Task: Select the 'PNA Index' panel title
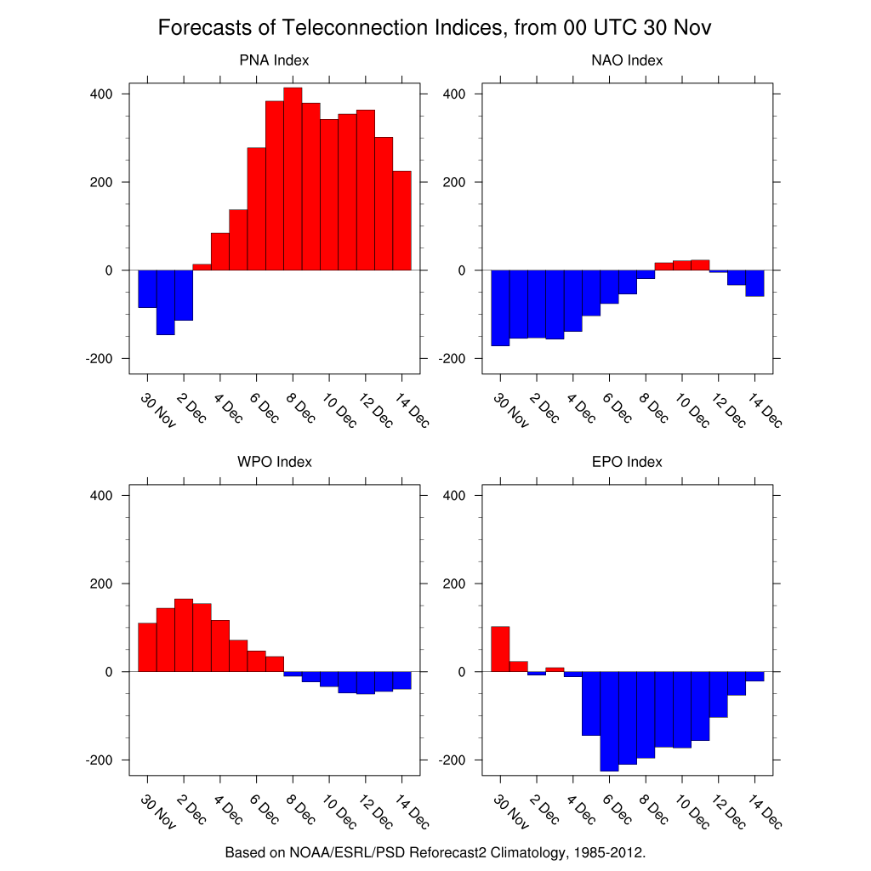(x=274, y=60)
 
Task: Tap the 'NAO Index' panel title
(x=627, y=60)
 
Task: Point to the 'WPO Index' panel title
(x=274, y=462)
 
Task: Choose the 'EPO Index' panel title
(x=627, y=462)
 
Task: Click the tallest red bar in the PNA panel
(x=293, y=179)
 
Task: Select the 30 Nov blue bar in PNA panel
(x=147, y=288)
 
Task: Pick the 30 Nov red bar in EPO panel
(x=500, y=649)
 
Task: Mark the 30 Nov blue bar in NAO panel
(x=500, y=307)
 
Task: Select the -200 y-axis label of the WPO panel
(x=100, y=760)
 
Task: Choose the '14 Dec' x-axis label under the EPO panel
(x=765, y=811)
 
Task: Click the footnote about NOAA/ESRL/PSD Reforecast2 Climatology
(x=435, y=851)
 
